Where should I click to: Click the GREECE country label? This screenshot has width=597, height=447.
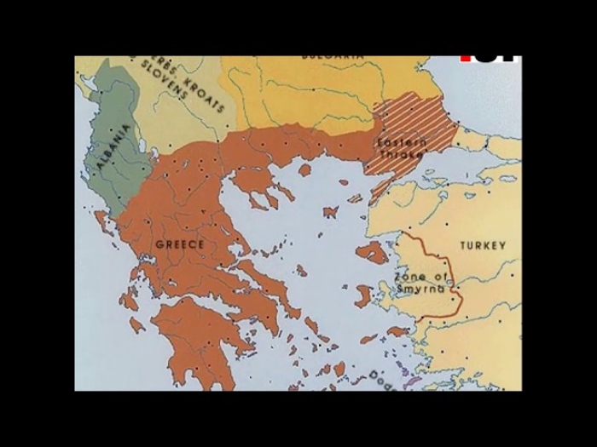[180, 245]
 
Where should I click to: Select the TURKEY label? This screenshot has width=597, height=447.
[484, 246]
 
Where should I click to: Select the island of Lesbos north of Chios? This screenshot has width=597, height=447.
[372, 252]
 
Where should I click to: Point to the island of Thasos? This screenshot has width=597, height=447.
[304, 170]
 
